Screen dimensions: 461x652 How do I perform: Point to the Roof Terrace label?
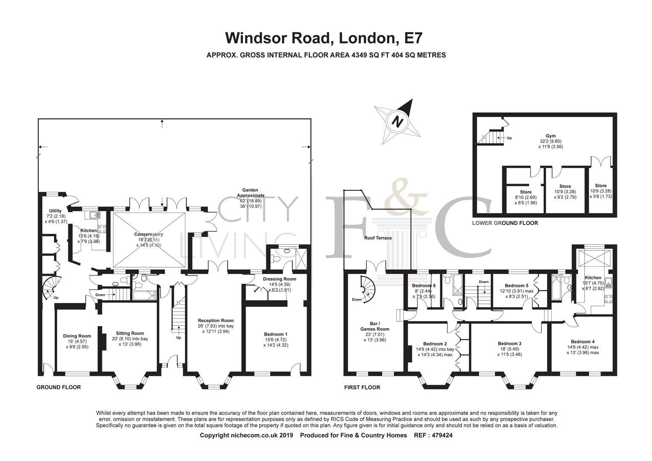tap(378, 238)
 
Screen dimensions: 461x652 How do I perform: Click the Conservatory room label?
tap(149, 234)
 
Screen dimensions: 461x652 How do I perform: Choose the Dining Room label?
tap(77, 336)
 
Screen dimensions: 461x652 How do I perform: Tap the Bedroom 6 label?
tap(424, 286)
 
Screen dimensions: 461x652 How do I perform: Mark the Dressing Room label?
tap(279, 279)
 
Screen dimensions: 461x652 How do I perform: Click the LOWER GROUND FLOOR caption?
tap(505, 223)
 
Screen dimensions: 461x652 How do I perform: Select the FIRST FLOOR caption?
tap(362, 388)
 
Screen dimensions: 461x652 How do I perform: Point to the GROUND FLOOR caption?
tap(58, 388)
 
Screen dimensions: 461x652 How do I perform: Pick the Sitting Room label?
tap(130, 333)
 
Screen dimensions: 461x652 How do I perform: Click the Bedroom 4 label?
tap(582, 342)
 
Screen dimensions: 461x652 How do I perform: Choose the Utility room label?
tap(56, 211)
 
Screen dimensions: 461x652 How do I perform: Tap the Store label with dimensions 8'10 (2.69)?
tap(526, 192)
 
